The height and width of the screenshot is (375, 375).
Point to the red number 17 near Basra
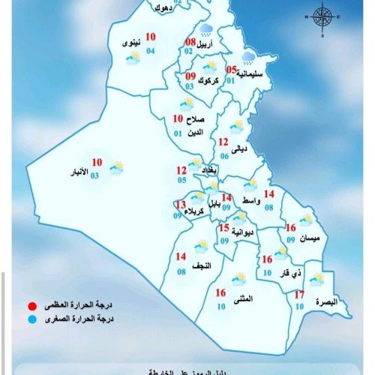tap(298, 295)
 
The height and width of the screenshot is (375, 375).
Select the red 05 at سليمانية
tap(231, 70)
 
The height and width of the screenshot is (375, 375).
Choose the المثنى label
tap(242, 299)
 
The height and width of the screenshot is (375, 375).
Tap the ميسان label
tap(307, 238)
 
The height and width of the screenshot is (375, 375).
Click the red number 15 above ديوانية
tap(223, 227)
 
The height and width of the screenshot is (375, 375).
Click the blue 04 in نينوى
tap(151, 50)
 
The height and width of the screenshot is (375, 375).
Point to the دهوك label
tap(161, 8)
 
